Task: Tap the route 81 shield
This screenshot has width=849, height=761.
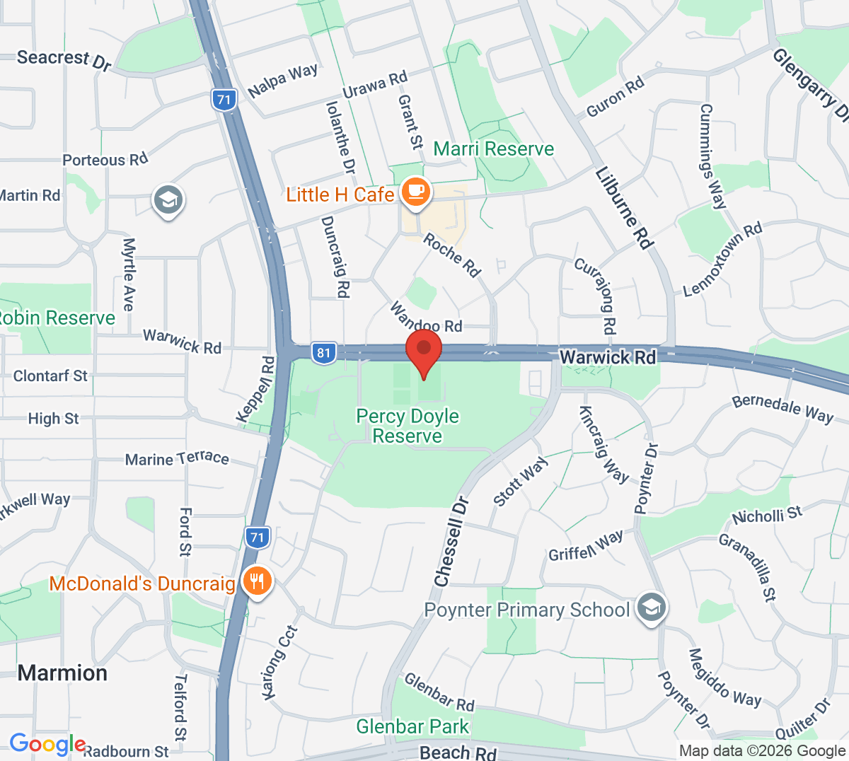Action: click(x=323, y=353)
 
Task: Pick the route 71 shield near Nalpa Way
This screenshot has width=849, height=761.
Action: click(x=224, y=99)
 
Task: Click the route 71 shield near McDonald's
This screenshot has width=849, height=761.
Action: click(x=257, y=538)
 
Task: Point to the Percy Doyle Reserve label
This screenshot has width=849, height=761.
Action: click(x=408, y=426)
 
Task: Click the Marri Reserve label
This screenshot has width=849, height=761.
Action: click(x=493, y=149)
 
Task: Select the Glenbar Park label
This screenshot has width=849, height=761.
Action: click(x=412, y=726)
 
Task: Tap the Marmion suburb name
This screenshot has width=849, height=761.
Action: click(x=63, y=673)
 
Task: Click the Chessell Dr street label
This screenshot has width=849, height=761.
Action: click(x=452, y=542)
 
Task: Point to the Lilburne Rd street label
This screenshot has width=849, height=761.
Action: click(x=623, y=208)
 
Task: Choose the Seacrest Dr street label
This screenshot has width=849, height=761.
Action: click(x=64, y=60)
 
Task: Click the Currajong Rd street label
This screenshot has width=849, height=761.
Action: click(x=596, y=295)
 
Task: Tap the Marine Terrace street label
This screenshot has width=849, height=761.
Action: click(x=177, y=459)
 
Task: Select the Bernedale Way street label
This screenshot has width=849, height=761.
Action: click(x=782, y=408)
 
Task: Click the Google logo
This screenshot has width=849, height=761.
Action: click(x=47, y=744)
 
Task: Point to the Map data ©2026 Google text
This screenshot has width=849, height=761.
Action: click(x=762, y=751)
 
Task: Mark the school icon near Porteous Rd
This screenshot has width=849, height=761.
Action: click(x=168, y=201)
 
